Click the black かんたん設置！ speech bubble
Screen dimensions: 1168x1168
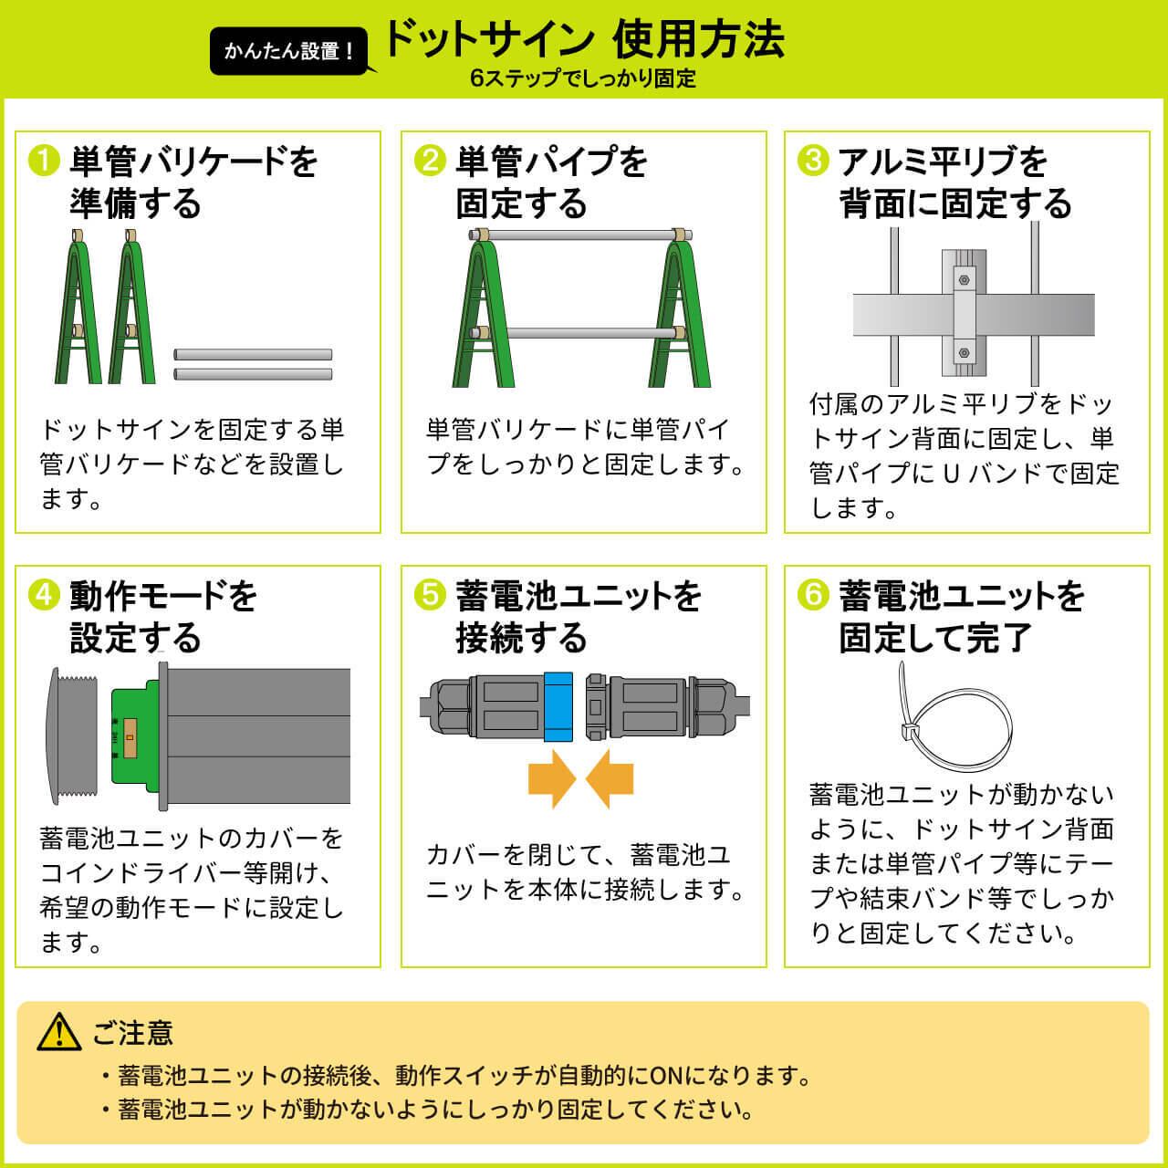coord(289,51)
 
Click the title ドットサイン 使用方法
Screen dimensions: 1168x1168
coord(584,40)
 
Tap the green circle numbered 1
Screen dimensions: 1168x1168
coord(44,162)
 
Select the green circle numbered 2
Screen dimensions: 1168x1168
coord(430,162)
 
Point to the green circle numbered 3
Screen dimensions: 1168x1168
coord(813,162)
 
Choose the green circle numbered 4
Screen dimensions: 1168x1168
coord(44,595)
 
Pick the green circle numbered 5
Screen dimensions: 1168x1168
coord(430,595)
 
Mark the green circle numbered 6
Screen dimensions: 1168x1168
coord(813,595)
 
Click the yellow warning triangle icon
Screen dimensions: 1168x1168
coord(58,1032)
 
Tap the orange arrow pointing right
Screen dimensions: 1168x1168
coord(551,779)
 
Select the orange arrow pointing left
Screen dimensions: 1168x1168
coord(610,779)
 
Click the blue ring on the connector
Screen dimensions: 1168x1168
coord(558,707)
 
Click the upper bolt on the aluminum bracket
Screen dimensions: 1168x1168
coord(964,280)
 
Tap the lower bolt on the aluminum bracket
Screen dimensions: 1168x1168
coord(964,353)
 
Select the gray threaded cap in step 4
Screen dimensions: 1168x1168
coord(71,736)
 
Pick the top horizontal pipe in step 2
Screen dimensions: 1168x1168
coord(580,235)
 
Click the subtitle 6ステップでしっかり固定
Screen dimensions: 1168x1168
coord(583,78)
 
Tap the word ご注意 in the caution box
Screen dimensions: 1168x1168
coord(132,1032)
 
